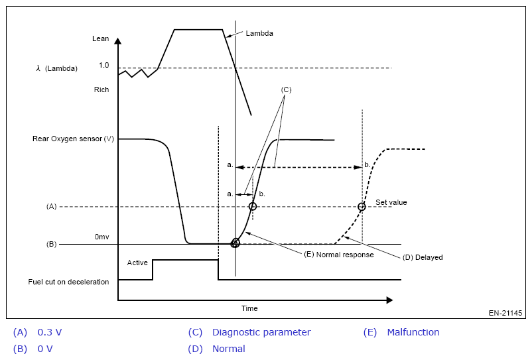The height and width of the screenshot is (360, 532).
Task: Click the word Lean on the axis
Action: [100, 39]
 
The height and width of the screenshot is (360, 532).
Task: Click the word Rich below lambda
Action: [101, 90]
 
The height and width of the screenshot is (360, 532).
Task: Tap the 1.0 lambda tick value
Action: [103, 66]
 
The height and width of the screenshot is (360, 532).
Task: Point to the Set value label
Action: [391, 202]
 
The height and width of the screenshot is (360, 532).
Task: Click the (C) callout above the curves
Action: [286, 89]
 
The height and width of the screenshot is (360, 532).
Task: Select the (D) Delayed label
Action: [423, 257]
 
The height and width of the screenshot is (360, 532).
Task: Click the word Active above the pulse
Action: [137, 263]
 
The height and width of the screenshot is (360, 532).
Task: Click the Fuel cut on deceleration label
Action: [68, 282]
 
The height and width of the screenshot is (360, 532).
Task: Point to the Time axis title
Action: [249, 308]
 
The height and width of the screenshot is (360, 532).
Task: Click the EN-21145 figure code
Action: [505, 312]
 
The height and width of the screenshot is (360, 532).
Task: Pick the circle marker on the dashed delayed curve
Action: [362, 207]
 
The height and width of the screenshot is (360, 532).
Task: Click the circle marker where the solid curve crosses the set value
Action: [252, 207]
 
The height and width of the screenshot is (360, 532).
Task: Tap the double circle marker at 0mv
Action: [235, 243]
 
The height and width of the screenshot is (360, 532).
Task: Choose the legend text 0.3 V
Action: [50, 332]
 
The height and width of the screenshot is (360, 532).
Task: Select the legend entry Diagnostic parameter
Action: [261, 332]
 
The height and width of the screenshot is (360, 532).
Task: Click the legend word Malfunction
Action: [413, 332]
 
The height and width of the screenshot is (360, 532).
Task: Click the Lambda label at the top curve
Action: [259, 33]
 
